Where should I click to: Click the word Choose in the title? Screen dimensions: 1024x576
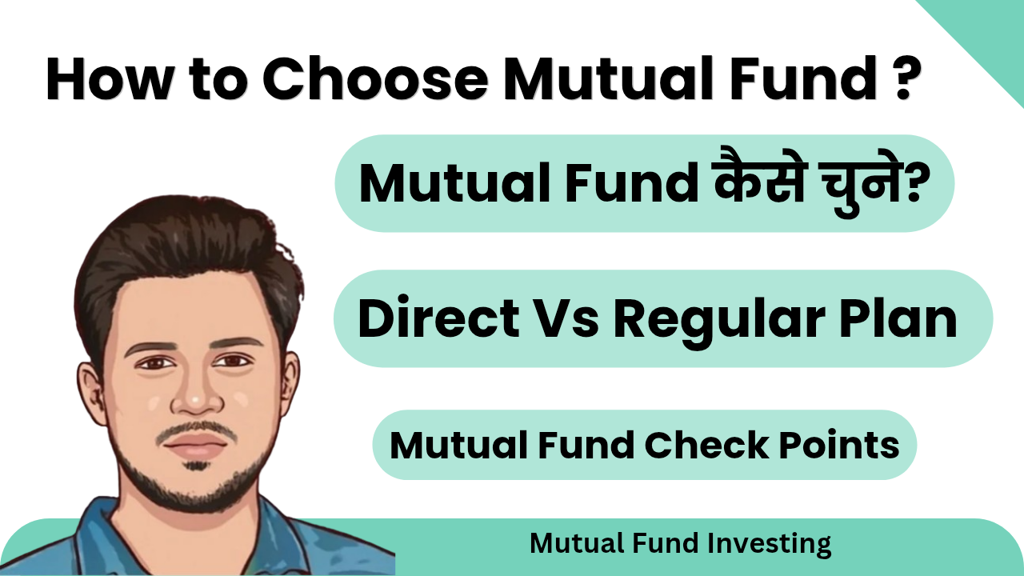pyautogui.click(x=376, y=78)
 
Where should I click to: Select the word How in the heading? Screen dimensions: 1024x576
pyautogui.click(x=110, y=78)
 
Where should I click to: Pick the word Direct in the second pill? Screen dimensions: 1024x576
pyautogui.click(x=439, y=318)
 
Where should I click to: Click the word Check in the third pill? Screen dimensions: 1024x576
pyautogui.click(x=706, y=445)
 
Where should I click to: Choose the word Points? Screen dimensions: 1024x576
pyautogui.click(x=839, y=445)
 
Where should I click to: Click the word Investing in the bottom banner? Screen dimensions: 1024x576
pyautogui.click(x=770, y=544)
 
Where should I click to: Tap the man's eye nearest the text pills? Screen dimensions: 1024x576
pyautogui.click(x=233, y=361)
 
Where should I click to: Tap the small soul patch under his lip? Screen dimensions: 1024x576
pyautogui.click(x=197, y=466)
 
